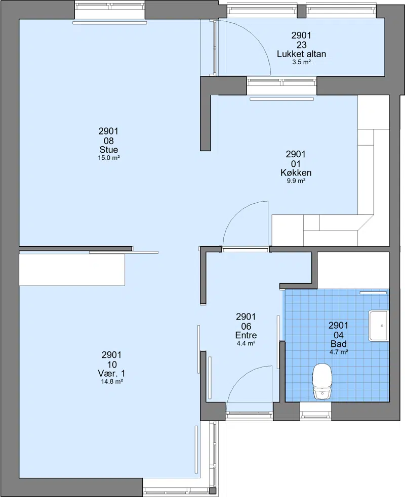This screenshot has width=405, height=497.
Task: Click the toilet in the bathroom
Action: click(x=322, y=381)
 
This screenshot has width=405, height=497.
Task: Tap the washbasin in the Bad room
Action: click(x=378, y=326)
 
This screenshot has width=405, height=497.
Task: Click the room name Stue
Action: click(x=108, y=150)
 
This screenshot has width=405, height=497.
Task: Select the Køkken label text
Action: click(x=296, y=173)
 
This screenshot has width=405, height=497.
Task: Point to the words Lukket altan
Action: click(x=301, y=54)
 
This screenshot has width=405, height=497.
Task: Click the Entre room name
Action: click(x=246, y=335)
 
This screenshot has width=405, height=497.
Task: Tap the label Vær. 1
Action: click(x=111, y=374)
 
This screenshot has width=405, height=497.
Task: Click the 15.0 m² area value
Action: click(x=108, y=158)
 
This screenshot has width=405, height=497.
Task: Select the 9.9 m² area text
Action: click(x=296, y=181)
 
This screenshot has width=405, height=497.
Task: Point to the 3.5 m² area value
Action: click(x=301, y=62)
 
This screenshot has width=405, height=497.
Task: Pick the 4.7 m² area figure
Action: click(x=339, y=352)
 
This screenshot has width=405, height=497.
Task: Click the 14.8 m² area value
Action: click(x=112, y=382)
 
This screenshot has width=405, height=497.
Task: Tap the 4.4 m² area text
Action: click(x=246, y=343)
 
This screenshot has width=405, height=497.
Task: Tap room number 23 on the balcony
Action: click(x=301, y=44)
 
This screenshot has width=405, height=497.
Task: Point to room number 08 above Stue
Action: click(x=108, y=141)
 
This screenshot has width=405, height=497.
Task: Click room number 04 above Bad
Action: click(x=338, y=335)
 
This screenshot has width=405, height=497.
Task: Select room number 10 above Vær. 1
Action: click(x=112, y=365)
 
